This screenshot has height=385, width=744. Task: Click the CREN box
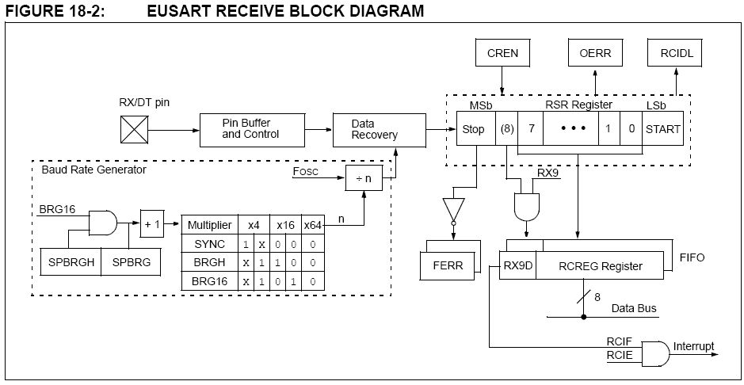pyautogui.click(x=502, y=54)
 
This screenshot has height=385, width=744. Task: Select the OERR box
pyautogui.click(x=595, y=54)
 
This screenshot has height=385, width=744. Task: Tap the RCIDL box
pyautogui.click(x=676, y=54)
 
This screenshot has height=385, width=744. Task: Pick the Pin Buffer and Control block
pyautogui.click(x=251, y=128)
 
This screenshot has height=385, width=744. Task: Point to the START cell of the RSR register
pyautogui.click(x=662, y=129)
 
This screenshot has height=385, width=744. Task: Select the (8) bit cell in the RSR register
pyautogui.click(x=506, y=129)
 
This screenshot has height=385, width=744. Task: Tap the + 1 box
pyautogui.click(x=152, y=223)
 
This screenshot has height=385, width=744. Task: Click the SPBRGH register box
pyautogui.click(x=70, y=261)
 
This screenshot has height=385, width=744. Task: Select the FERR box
pyautogui.click(x=447, y=265)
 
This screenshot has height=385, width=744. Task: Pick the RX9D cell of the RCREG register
pyautogui.click(x=517, y=265)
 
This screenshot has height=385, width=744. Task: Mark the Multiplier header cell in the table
pyautogui.click(x=209, y=225)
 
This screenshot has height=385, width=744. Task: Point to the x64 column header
pyautogui.click(x=314, y=225)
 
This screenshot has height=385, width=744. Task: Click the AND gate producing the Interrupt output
pyautogui.click(x=654, y=353)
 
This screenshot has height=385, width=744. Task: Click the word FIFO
pyautogui.click(x=692, y=257)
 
